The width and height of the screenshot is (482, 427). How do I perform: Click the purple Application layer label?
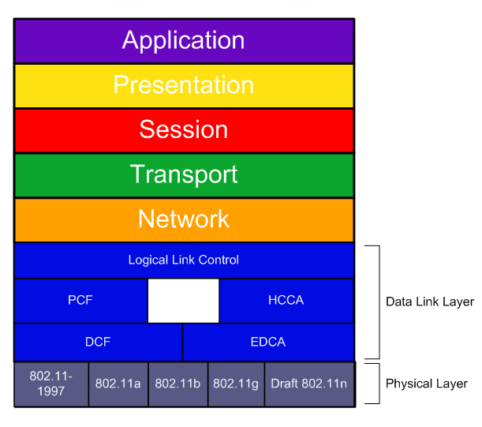pyautogui.click(x=183, y=40)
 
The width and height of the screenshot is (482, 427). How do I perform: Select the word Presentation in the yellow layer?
pyautogui.click(x=184, y=84)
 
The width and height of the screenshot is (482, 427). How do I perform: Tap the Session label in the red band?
pyautogui.click(x=184, y=129)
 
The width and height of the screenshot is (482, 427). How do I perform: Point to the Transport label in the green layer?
pyautogui.click(x=184, y=174)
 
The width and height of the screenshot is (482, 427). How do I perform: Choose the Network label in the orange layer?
pyautogui.click(x=184, y=219)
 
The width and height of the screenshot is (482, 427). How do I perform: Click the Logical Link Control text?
pyautogui.click(x=184, y=260)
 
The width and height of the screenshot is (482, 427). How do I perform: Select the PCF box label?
pyautogui.click(x=80, y=300)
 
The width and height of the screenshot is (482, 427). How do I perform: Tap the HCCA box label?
pyautogui.click(x=286, y=300)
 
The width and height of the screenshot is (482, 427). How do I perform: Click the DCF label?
pyautogui.click(x=98, y=342)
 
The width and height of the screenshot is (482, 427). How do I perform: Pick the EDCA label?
pyautogui.click(x=268, y=342)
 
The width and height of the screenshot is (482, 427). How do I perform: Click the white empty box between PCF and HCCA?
pyautogui.click(x=184, y=301)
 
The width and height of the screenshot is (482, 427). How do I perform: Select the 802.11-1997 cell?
pyautogui.click(x=51, y=384)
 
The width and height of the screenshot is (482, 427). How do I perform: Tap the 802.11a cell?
pyautogui.click(x=118, y=384)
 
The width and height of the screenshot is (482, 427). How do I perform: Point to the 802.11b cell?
pyautogui.click(x=178, y=384)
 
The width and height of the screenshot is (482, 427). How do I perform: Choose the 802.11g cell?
pyautogui.click(x=236, y=384)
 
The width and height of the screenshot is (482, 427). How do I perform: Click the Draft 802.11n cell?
pyautogui.click(x=309, y=384)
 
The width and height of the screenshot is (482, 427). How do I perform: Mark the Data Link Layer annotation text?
pyautogui.click(x=430, y=302)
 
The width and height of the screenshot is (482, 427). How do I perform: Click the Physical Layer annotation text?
pyautogui.click(x=427, y=384)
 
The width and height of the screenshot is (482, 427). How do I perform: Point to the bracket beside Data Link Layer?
pyautogui.click(x=379, y=302)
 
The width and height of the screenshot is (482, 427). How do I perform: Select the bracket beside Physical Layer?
pyautogui.click(x=379, y=384)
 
